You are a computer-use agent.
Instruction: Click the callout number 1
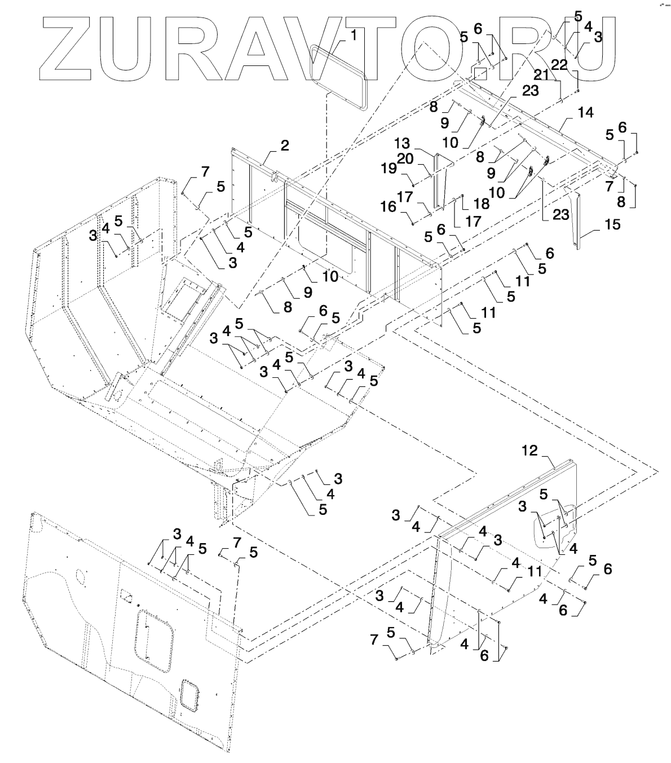coord(354,35)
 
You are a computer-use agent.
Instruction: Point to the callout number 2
coord(285,145)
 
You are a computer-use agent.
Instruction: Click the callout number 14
coord(586,112)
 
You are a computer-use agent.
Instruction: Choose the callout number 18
coord(466,203)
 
